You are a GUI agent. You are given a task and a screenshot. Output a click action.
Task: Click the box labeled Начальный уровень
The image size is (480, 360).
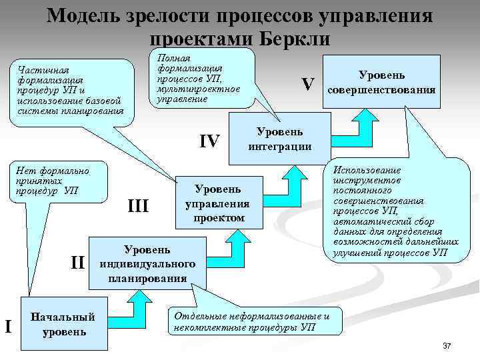(x=64, y=323)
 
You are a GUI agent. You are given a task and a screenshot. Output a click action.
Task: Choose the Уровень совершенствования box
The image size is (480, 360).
(x=382, y=83)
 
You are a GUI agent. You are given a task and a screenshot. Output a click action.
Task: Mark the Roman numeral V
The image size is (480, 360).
(x=307, y=85)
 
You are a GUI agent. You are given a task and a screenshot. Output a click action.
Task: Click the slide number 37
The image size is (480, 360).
(x=447, y=346)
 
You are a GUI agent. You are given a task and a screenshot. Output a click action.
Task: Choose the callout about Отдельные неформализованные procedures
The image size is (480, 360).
(x=252, y=321)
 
